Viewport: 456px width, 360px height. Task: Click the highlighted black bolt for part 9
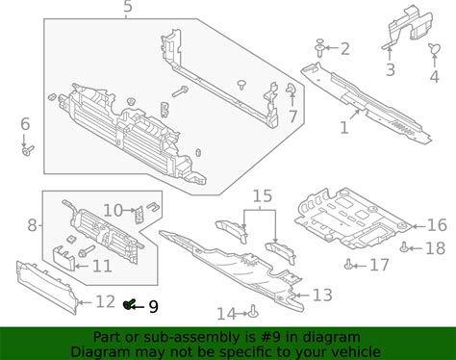coord(129,304)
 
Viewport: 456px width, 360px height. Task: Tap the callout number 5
coord(128,7)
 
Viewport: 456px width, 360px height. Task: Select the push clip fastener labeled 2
coord(319,48)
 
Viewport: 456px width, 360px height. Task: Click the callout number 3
coord(390,69)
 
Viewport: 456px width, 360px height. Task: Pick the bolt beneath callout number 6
coord(28,150)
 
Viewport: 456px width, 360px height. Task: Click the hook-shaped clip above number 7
coord(291,89)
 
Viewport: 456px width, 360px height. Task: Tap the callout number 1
coord(343,127)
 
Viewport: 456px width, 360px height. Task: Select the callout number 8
coord(32,225)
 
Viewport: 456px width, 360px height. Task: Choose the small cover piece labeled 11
coord(63,258)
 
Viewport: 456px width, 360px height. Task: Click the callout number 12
coord(105,301)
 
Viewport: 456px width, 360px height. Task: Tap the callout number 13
coord(322,295)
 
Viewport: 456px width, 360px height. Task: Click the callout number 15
coord(263,196)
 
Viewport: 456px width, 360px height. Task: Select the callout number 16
coord(437,225)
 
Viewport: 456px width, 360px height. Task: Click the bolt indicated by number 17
coord(348,265)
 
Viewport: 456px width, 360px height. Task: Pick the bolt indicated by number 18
coord(404,247)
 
